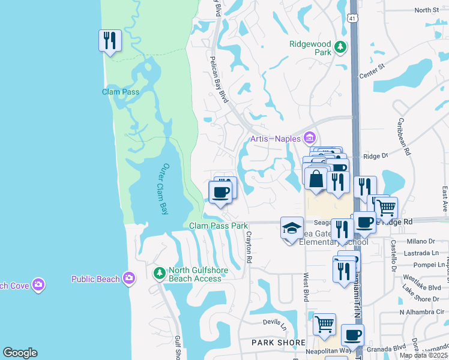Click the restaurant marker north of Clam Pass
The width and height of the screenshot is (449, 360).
click(x=110, y=40)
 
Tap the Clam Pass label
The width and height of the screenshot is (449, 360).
click(x=121, y=92)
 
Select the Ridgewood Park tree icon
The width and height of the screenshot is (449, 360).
click(x=341, y=46)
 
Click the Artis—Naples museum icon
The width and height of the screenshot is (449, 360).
click(x=310, y=139)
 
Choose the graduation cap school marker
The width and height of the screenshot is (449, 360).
click(x=292, y=228)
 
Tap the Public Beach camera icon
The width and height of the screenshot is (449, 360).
click(x=128, y=278)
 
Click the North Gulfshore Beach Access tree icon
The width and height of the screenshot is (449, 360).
click(x=159, y=274)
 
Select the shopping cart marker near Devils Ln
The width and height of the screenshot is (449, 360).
click(x=324, y=324)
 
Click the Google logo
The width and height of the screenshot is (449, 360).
click(x=20, y=353)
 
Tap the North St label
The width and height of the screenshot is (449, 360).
click(x=427, y=10)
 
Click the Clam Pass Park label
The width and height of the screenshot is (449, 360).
click(x=218, y=226)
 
